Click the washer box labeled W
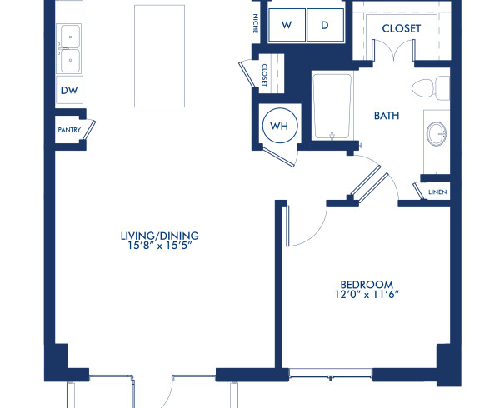click(287, 25)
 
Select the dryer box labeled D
click(325, 25)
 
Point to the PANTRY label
click(68, 131)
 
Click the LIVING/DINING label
click(159, 236)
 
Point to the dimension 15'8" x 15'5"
click(159, 247)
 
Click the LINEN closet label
click(437, 192)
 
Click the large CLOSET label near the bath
click(401, 28)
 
